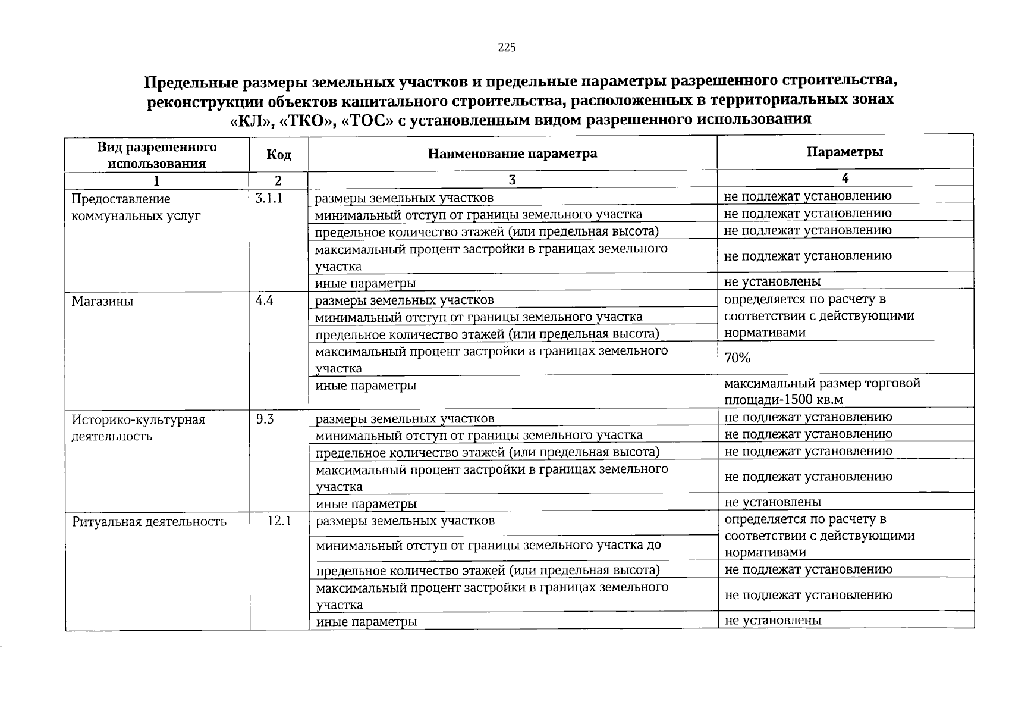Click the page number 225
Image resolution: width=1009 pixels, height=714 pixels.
[507, 48]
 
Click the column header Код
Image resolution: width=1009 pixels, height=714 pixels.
[279, 155]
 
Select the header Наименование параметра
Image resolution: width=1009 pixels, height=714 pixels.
[513, 154]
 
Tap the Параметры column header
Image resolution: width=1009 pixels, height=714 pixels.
[844, 152]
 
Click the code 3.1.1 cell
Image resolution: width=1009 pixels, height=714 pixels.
[268, 198]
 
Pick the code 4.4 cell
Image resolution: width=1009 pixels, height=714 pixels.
[264, 300]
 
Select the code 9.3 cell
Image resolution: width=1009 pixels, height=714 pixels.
[265, 419]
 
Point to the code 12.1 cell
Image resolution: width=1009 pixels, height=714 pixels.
[279, 521]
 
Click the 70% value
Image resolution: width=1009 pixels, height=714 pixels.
[737, 358]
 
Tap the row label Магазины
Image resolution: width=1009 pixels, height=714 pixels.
[102, 301]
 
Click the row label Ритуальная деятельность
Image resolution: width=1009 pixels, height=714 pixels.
[149, 522]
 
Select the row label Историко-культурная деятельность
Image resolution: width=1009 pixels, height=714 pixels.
[138, 428]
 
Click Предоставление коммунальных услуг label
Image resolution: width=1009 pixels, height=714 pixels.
[136, 206]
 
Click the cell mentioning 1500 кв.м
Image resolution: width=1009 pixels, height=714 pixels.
[822, 391]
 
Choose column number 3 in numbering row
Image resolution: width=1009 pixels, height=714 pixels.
[513, 180]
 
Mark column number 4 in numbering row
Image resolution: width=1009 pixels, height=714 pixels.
[844, 178]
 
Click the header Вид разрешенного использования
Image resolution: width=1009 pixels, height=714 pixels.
[157, 155]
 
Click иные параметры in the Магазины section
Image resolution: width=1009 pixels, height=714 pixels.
[366, 385]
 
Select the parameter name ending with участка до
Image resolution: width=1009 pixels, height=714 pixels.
[488, 544]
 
